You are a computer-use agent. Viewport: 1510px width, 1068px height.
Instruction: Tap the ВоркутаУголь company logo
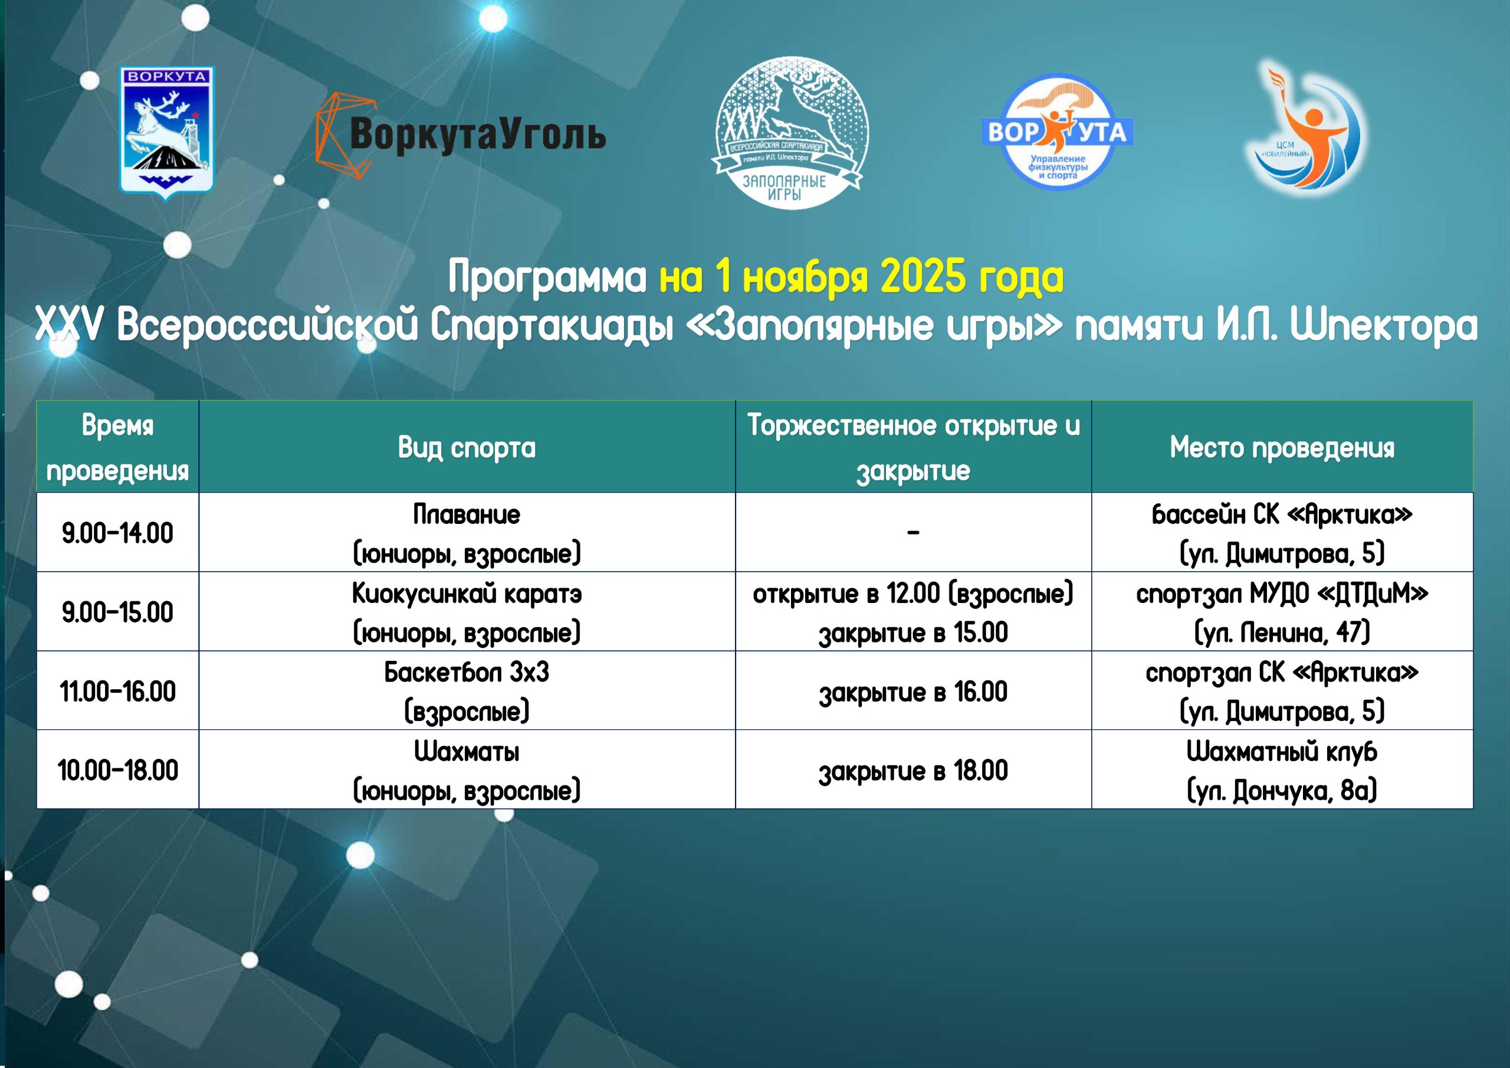point(460,135)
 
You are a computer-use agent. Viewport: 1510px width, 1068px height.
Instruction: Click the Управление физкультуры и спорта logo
point(1057,132)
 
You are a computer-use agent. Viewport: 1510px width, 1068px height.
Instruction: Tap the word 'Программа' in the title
point(547,277)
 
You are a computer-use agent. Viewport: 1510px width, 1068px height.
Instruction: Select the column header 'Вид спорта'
point(467,447)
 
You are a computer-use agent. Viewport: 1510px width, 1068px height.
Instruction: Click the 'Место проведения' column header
point(1282,447)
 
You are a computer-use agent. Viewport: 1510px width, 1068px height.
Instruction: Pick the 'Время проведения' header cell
point(118,447)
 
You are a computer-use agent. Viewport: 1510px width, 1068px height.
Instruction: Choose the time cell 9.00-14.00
point(118,532)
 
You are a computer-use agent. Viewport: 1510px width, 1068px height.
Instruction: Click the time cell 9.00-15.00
point(118,612)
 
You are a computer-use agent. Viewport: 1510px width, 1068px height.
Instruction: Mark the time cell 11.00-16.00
point(118,691)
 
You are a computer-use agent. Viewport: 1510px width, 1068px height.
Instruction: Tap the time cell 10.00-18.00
point(118,770)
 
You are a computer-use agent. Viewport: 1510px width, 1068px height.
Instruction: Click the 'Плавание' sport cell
point(467,532)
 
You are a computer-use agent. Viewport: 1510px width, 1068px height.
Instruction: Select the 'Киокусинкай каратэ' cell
point(467,612)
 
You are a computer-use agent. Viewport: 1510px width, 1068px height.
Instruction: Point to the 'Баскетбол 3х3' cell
point(467,691)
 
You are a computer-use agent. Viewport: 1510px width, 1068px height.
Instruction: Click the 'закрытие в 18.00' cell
point(914,770)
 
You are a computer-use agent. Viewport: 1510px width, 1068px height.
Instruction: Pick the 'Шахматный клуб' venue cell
point(1282,770)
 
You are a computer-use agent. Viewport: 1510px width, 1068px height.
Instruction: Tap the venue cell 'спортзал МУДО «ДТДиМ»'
point(1282,612)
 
